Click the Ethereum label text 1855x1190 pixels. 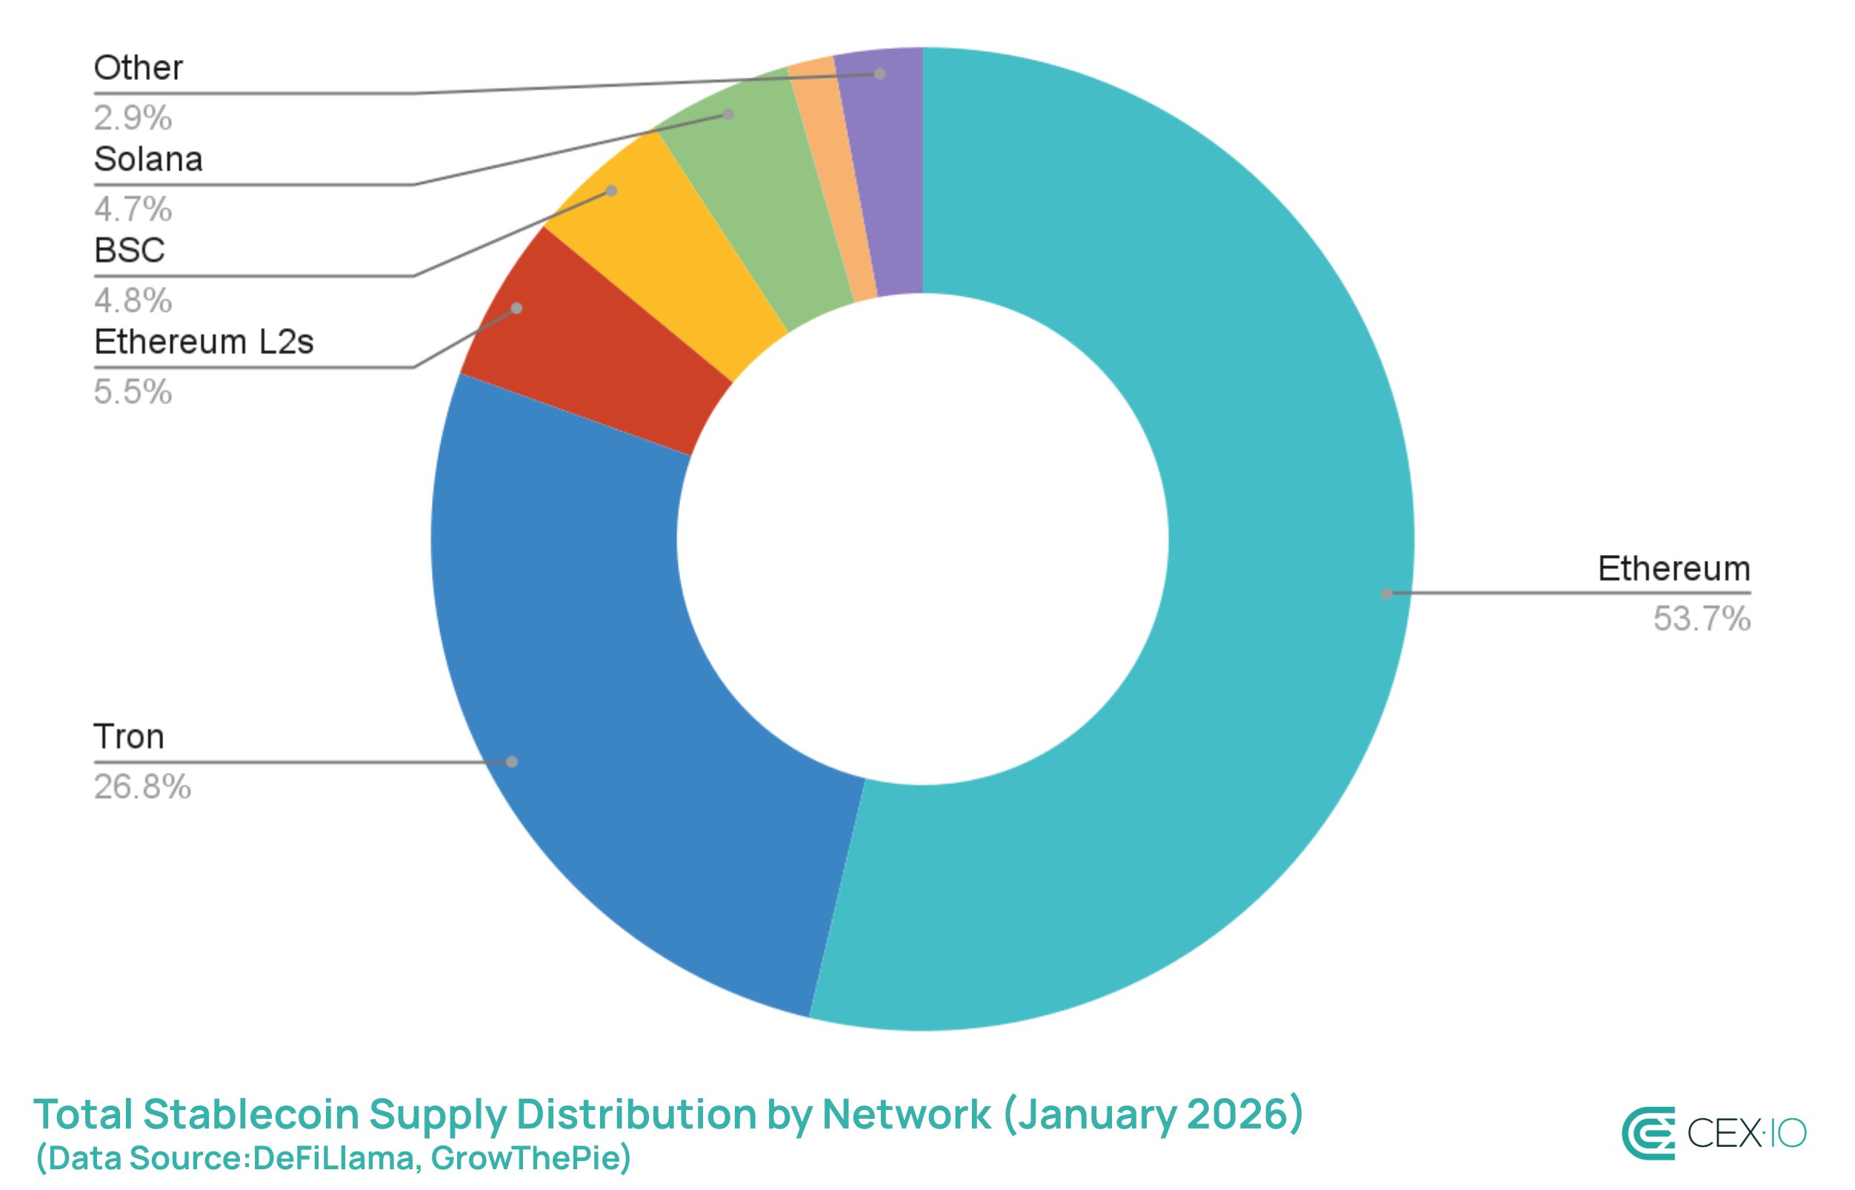[1674, 570]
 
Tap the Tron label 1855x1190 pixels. [129, 737]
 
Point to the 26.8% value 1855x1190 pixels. [142, 788]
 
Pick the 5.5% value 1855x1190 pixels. [133, 393]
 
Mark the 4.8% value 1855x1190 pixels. [133, 301]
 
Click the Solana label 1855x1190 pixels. [148, 160]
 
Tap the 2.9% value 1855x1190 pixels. [133, 119]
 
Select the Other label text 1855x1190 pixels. [139, 69]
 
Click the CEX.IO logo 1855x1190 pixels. [1713, 1133]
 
